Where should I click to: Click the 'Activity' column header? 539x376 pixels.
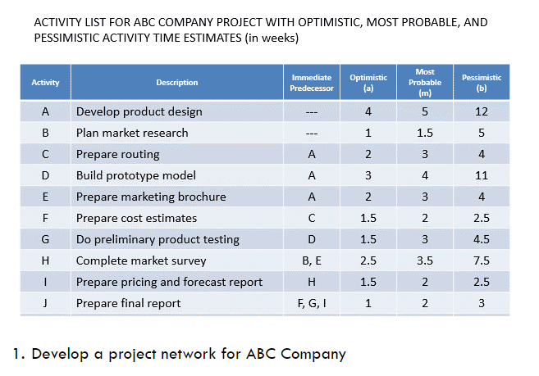45,83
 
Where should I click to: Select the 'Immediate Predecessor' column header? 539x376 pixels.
313,82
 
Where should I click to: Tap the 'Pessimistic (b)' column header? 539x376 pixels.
482,82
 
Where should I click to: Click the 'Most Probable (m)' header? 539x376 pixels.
425,82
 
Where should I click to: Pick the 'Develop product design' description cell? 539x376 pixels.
139,111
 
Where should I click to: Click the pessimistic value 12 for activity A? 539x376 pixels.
482,111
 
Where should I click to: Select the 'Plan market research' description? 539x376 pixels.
132,133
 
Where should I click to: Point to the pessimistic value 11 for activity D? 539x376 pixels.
482,175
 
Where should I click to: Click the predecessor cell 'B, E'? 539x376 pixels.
312,260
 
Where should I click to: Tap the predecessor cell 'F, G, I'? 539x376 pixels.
312,303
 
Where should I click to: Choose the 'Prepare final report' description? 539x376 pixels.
128,303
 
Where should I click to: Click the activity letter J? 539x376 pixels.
46,303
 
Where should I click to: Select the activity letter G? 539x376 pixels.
46,239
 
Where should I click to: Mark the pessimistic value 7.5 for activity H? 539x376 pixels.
482,260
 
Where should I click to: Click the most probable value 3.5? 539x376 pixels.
425,260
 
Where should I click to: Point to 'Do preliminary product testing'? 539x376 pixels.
158,239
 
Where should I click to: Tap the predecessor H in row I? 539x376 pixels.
312,282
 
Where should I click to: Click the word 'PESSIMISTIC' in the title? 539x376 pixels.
68,38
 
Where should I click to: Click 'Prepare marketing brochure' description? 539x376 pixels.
151,197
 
